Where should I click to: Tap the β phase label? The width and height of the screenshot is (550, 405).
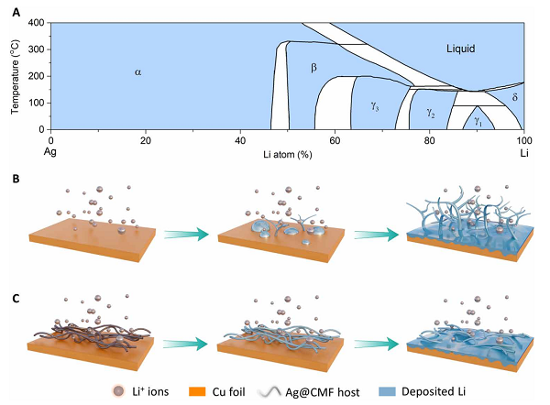[x=313, y=68]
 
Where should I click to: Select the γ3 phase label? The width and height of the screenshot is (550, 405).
[x=376, y=105]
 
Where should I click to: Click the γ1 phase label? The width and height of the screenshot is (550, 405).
[x=477, y=120]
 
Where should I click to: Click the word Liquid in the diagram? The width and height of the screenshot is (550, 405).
[x=461, y=48]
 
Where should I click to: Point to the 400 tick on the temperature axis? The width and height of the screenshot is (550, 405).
[x=38, y=23]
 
